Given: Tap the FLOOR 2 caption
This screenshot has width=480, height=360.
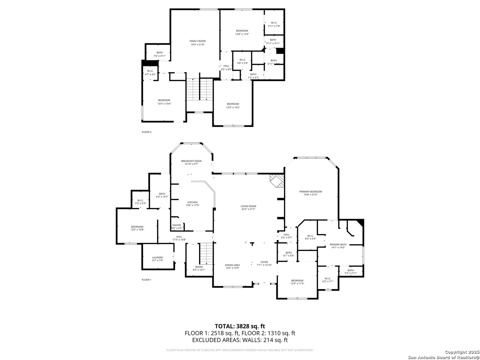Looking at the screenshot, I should tap(146, 132).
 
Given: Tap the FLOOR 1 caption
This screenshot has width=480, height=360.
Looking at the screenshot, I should tap(146, 280).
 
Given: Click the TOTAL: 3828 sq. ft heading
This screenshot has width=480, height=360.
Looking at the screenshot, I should tap(240, 326).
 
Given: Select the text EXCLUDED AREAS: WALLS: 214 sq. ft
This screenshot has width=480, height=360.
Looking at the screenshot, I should tap(240, 340).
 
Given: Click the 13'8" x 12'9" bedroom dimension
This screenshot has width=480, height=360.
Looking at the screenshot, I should tap(242, 34).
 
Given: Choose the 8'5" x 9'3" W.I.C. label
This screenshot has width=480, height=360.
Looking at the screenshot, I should tap(310, 239).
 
